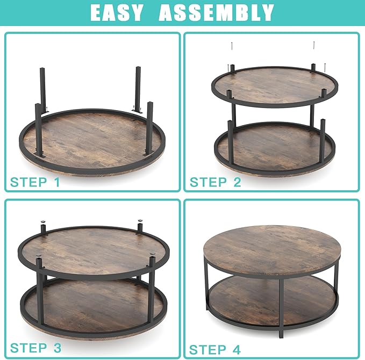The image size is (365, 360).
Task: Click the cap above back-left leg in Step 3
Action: coord(42,222)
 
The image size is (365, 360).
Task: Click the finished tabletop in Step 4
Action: coord(271,250)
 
